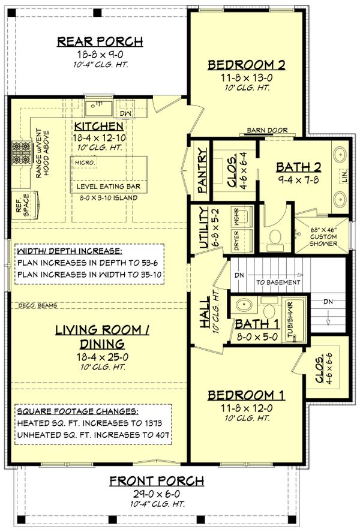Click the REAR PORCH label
pos(100,41)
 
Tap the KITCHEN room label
pos(99,127)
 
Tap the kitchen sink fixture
pos(97,107)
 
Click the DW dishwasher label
pos(125,113)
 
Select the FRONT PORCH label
pos(157,481)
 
